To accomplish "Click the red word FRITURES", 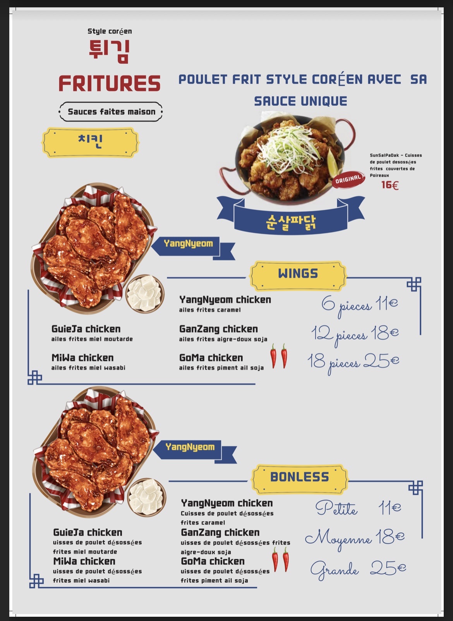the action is tap(110, 83).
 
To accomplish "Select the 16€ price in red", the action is tap(390, 185).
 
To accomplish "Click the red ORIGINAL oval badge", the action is tap(348, 180).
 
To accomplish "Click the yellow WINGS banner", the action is tap(298, 276).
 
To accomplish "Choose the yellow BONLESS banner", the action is tap(300, 479).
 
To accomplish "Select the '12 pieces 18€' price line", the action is tap(355, 334).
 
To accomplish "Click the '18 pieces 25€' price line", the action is tap(353, 362).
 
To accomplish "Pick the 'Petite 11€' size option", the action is tap(358, 508).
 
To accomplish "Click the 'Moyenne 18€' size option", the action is tap(355, 539).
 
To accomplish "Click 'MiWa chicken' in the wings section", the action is tap(82, 358).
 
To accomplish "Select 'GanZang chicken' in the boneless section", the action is tap(220, 532).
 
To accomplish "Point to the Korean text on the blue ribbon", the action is tap(291, 222).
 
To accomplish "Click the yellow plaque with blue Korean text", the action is tap(90, 142).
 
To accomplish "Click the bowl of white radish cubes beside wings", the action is tap(145, 294).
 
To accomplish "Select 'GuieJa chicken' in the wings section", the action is tap(86, 329).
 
